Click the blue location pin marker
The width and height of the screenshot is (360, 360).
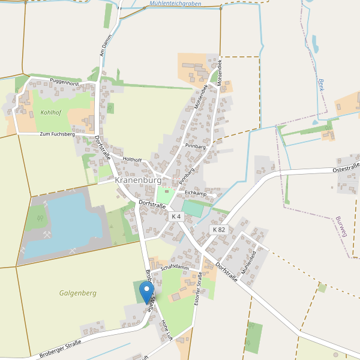(x=146, y=293)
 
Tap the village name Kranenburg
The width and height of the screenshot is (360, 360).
(x=138, y=180)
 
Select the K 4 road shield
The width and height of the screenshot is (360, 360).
(x=176, y=217)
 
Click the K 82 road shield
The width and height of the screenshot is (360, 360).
(x=219, y=230)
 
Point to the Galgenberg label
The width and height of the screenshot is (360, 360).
(x=77, y=293)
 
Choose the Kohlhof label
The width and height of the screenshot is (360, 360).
(x=51, y=112)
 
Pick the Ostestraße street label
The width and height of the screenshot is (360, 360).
(x=346, y=169)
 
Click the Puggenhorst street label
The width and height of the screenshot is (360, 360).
(x=65, y=81)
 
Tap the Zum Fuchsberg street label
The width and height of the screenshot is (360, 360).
(x=57, y=134)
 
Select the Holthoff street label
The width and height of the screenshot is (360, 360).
(x=131, y=160)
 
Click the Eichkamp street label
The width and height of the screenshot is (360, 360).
(x=195, y=193)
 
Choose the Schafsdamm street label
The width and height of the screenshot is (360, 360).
(x=175, y=268)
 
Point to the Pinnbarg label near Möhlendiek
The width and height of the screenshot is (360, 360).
(x=196, y=146)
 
